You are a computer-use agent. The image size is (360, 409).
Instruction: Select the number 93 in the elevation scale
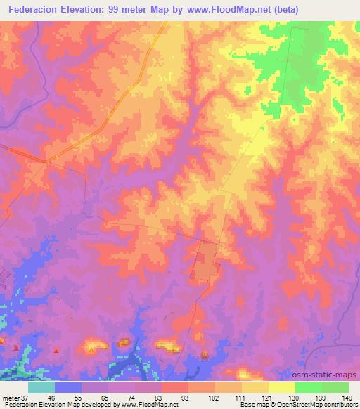point(184,398)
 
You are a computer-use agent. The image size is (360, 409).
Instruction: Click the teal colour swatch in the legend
point(41,387)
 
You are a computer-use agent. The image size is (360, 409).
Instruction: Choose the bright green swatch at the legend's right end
point(335,387)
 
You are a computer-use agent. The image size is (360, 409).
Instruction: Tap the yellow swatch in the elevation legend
point(282,387)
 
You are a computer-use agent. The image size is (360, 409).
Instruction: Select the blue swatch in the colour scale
point(68,387)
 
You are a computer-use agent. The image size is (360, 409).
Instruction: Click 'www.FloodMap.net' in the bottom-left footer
point(150,405)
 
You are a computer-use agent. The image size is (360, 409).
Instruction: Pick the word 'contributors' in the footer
point(340,405)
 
